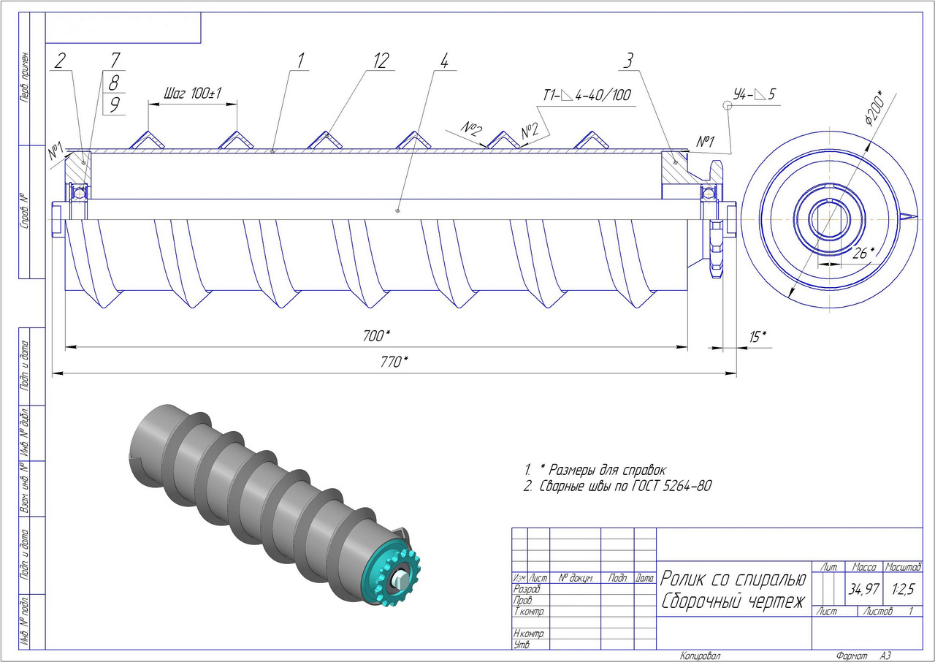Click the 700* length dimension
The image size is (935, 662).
point(377,335)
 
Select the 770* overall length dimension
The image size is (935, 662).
point(395,361)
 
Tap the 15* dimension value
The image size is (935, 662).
point(758,336)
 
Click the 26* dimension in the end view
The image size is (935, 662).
point(863,253)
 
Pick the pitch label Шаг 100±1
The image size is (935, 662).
point(193,94)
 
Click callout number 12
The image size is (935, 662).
point(381,61)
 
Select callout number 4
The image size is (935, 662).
point(444,61)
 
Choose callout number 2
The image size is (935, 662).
point(60,61)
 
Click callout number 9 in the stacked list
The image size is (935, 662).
point(114,104)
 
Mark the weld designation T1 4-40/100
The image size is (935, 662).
point(587,95)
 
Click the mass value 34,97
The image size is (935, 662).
point(864,589)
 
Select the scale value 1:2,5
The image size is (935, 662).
point(903,588)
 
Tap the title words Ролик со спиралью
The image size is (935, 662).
point(733,580)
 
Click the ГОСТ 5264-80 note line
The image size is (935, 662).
point(617,486)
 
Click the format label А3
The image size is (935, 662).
point(885,655)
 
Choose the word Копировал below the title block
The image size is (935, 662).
point(700,655)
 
